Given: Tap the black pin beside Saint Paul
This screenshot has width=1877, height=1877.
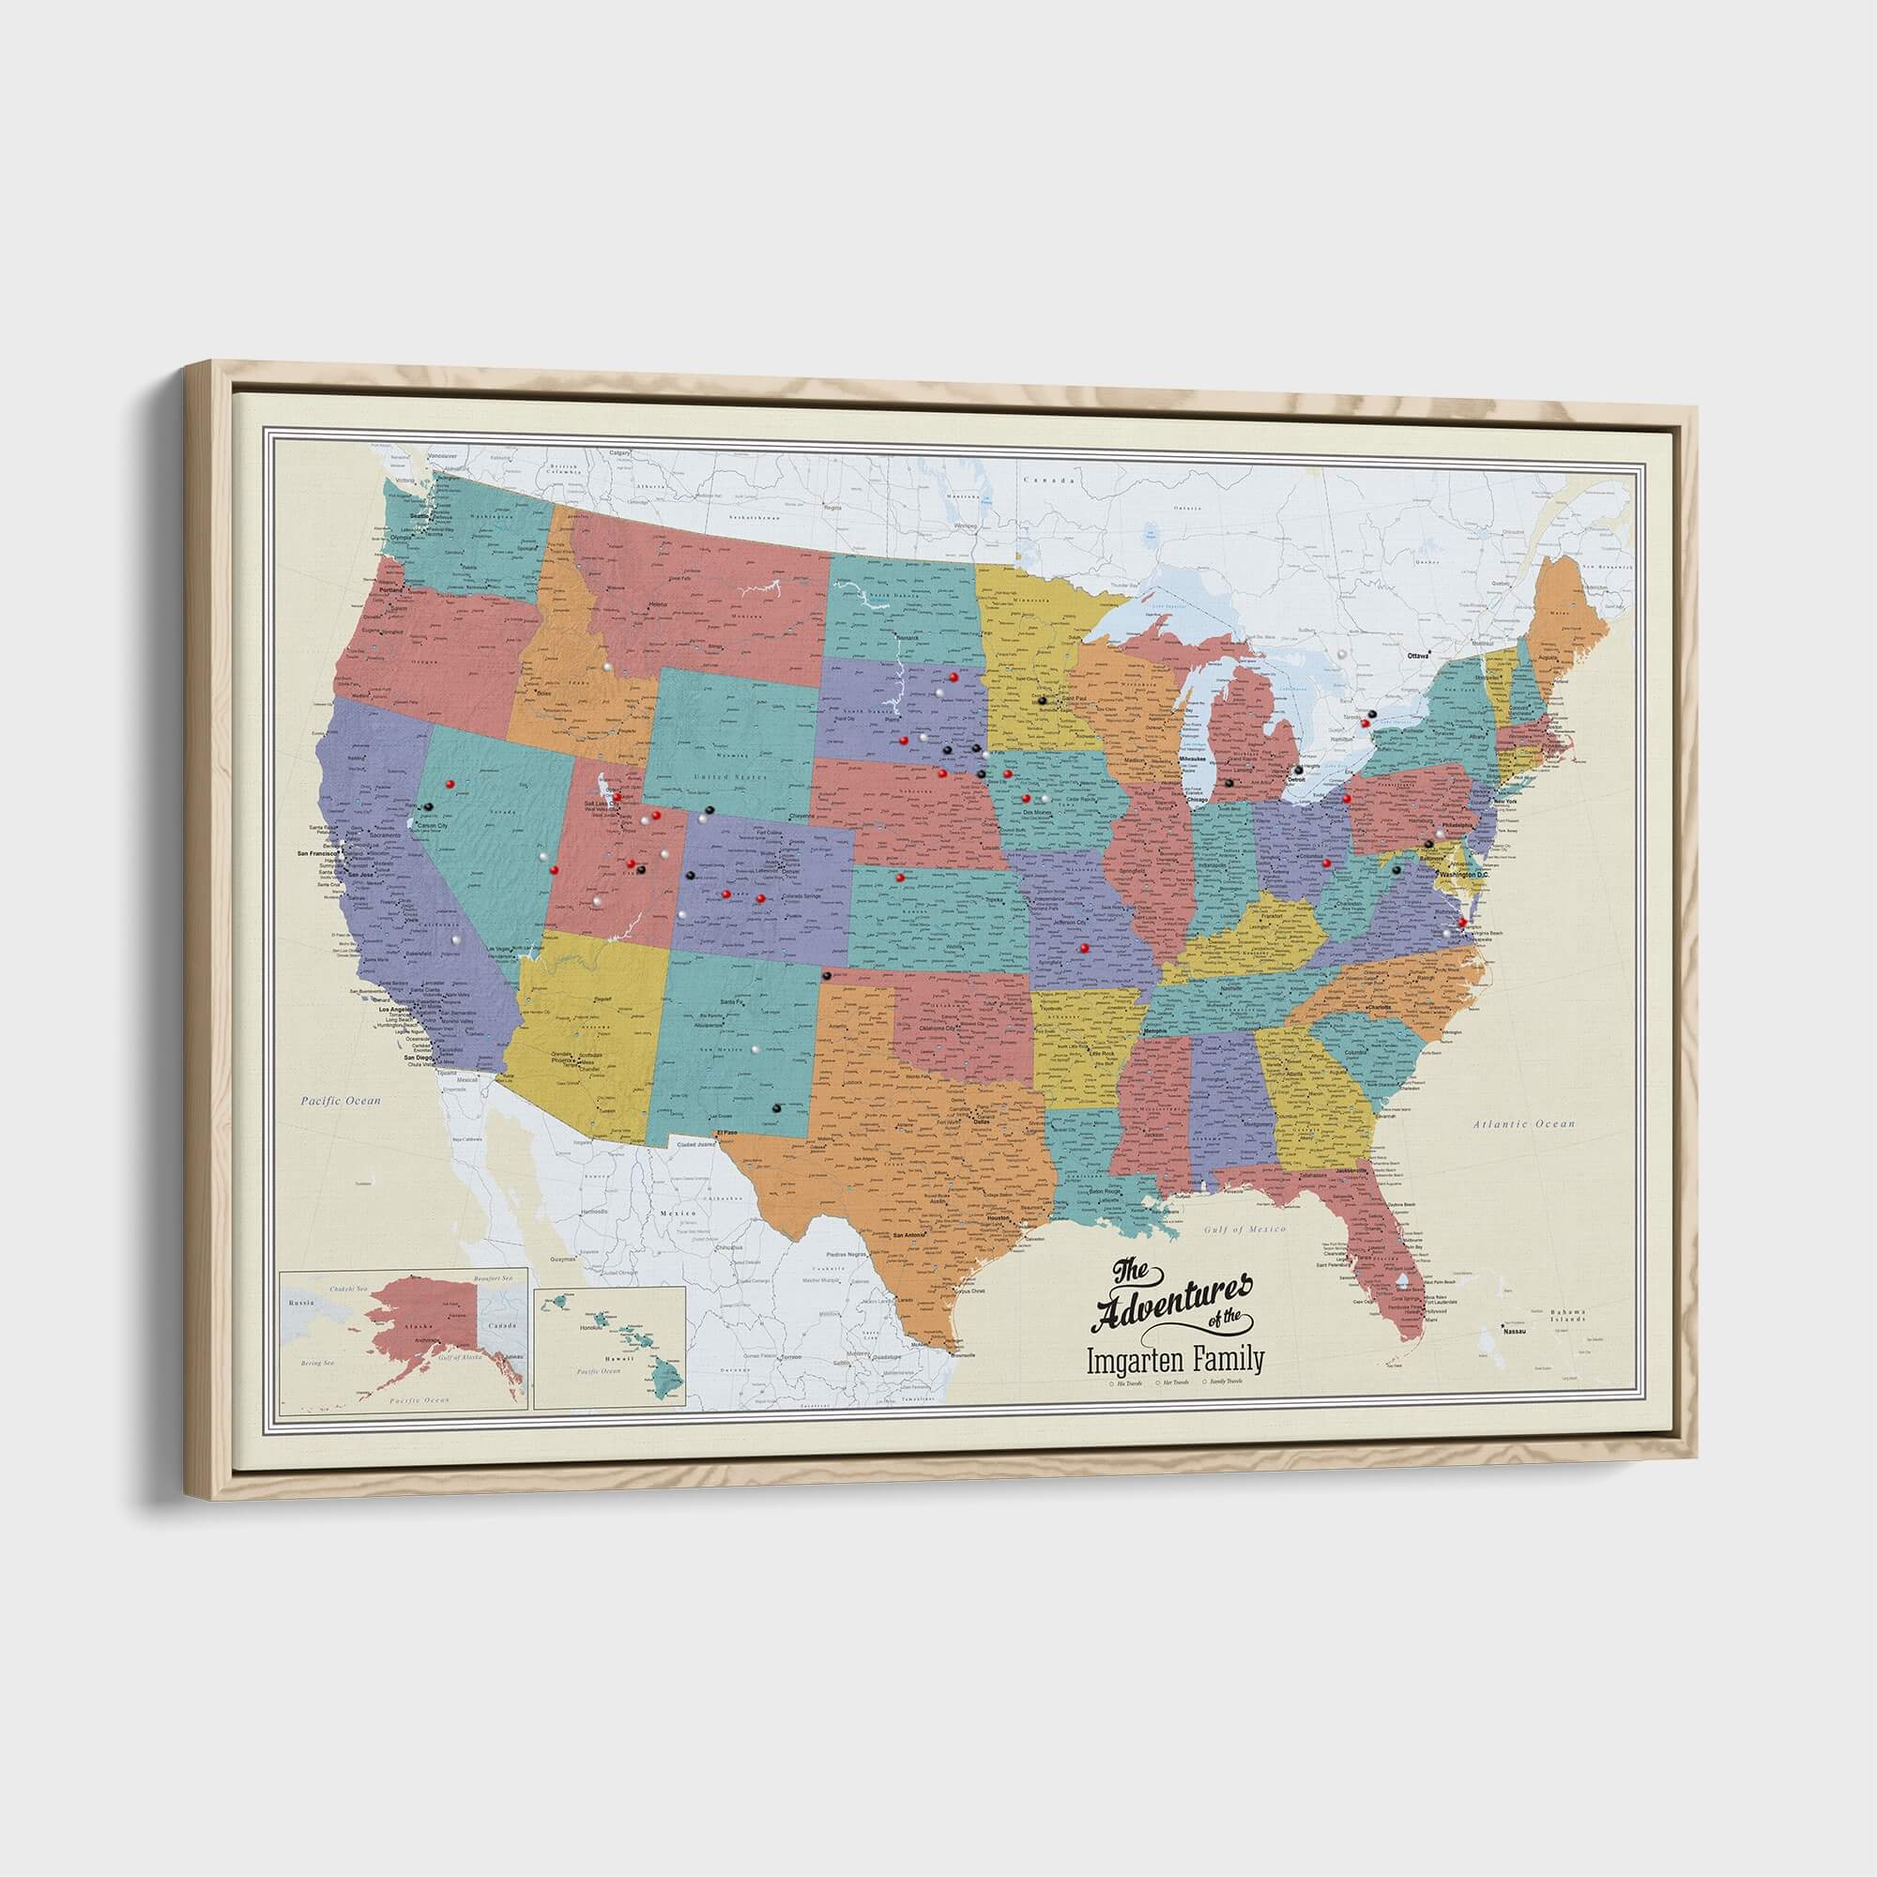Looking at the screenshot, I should coord(1042,698).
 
